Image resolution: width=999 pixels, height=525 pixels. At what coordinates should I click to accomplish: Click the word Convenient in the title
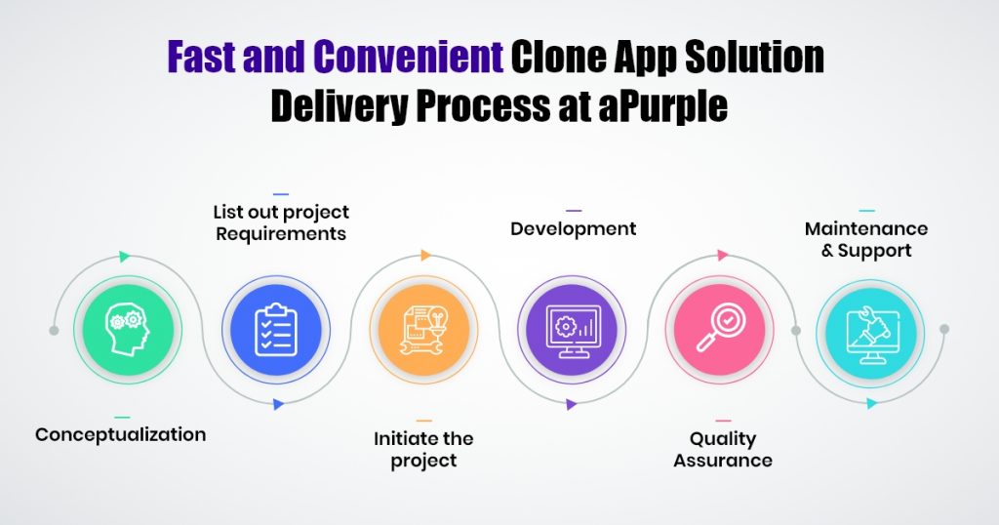pyautogui.click(x=409, y=57)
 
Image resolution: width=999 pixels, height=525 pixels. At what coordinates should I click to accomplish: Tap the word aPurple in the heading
pyautogui.click(x=663, y=105)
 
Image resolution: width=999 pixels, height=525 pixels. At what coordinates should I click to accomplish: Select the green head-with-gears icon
pyautogui.click(x=128, y=330)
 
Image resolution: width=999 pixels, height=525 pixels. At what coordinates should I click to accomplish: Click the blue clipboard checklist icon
pyautogui.click(x=276, y=330)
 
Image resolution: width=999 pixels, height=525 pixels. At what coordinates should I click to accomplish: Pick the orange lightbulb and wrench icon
pyautogui.click(x=424, y=330)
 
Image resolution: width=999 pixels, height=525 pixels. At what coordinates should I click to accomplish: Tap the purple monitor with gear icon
pyautogui.click(x=573, y=330)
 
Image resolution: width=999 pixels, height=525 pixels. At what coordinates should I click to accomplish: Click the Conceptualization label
pyautogui.click(x=120, y=434)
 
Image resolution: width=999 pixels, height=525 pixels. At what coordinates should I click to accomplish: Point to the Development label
pyautogui.click(x=574, y=228)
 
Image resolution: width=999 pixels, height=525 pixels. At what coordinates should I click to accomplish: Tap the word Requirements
pyautogui.click(x=281, y=234)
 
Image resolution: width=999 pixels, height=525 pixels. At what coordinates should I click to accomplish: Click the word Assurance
pyautogui.click(x=723, y=460)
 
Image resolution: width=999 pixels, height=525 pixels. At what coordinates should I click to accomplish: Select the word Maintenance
pyautogui.click(x=866, y=228)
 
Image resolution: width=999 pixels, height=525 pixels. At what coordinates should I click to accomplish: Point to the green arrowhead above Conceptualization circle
pyautogui.click(x=124, y=257)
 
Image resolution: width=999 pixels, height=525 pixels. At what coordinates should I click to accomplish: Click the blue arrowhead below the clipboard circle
pyautogui.click(x=278, y=404)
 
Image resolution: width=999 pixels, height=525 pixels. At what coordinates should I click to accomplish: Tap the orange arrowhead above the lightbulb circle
pyautogui.click(x=426, y=256)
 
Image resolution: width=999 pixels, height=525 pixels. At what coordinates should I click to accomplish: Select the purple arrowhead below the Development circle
pyautogui.click(x=572, y=404)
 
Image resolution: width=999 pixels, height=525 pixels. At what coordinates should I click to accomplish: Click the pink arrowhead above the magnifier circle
pyautogui.click(x=723, y=256)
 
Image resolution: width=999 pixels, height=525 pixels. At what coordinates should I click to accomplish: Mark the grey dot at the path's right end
pyautogui.click(x=944, y=329)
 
